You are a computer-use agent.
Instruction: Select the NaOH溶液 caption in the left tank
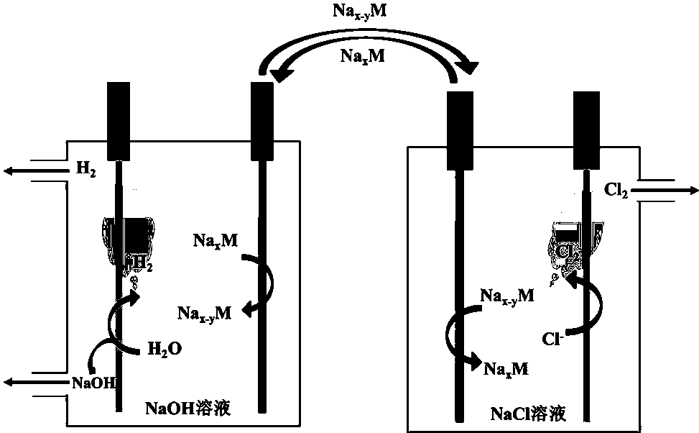tap(192, 409)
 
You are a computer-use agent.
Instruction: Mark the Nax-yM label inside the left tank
tap(205, 314)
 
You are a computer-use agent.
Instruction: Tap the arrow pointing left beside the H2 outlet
tap(32, 170)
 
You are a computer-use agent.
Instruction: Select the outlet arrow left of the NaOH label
tap(32, 380)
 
